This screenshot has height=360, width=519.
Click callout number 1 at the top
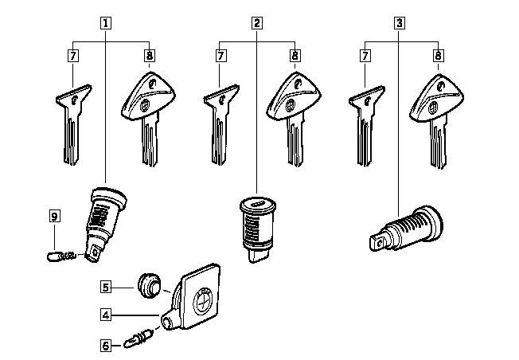click(x=105, y=23)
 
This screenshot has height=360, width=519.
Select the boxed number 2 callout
click(x=257, y=23)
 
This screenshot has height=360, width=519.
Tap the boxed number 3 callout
click(x=399, y=23)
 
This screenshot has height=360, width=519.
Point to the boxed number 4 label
click(x=106, y=315)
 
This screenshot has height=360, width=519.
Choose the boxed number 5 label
click(x=106, y=285)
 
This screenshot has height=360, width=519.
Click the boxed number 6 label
click(x=106, y=345)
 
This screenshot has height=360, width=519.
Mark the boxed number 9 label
click(x=54, y=216)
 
